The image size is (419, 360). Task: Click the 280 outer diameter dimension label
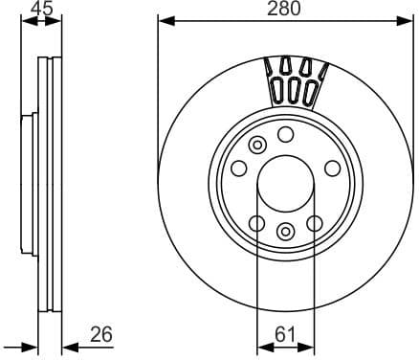tap(284, 9)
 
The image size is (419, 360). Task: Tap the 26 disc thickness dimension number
tap(100, 334)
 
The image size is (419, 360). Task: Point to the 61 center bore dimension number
tap(284, 334)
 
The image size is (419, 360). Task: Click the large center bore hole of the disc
tap(284, 183)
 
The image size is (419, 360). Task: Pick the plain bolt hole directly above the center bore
tap(285, 135)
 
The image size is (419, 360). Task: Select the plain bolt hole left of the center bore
tap(237, 169)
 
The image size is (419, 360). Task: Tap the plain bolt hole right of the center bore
tap(332, 169)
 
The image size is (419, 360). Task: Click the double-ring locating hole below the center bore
tap(285, 231)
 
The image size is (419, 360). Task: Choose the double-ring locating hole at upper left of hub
tap(256, 145)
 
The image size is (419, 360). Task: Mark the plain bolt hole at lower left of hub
tap(255, 223)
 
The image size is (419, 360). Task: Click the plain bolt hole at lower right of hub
tap(314, 223)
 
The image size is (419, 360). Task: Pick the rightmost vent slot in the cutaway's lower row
tap(310, 92)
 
